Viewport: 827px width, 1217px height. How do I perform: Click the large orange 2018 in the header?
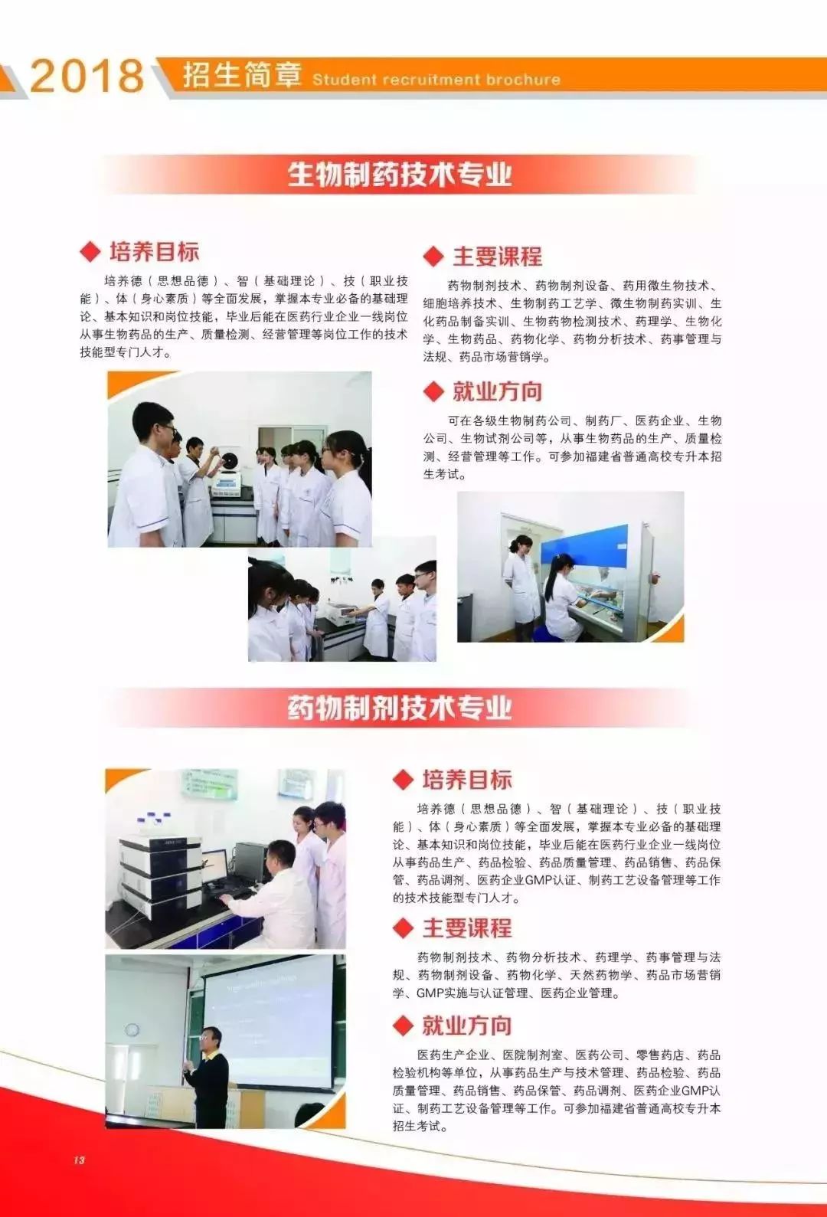coord(87,76)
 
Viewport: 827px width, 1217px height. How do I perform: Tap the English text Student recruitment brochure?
coord(436,80)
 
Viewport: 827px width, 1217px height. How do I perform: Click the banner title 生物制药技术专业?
coord(400,175)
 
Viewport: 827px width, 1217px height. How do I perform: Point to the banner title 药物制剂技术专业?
coord(400,708)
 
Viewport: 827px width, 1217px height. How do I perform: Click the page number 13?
coord(80,1160)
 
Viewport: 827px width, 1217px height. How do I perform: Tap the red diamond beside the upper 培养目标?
coord(90,251)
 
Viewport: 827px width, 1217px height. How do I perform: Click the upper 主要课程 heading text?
coord(497,257)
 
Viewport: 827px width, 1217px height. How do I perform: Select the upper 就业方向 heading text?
coord(497,391)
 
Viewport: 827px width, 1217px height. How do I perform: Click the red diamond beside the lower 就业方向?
coord(404,1026)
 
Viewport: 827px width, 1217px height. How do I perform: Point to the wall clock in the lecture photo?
coord(132,1029)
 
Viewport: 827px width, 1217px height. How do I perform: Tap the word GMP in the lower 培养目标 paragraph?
coord(538,879)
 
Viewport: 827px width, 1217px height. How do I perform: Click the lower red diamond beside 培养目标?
coord(404,780)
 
